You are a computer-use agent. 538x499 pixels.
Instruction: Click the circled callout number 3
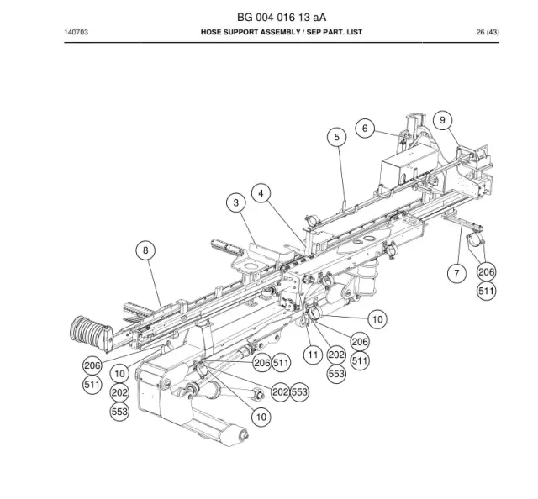[235, 202]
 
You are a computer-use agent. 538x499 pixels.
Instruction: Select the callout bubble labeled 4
[261, 193]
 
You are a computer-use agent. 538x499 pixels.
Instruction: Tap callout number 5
[336, 137]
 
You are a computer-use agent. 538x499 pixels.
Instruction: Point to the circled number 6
[365, 129]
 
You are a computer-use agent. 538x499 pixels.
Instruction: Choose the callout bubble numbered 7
[456, 273]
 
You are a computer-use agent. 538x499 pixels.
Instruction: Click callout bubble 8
[145, 250]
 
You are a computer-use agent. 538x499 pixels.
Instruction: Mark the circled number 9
[442, 120]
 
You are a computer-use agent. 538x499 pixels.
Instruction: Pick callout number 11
[313, 355]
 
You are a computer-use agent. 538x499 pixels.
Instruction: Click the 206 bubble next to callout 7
[487, 272]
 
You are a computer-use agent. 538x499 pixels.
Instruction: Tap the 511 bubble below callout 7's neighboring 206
[487, 292]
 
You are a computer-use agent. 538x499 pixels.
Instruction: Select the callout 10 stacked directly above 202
[119, 374]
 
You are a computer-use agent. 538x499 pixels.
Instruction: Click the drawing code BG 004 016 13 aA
[282, 17]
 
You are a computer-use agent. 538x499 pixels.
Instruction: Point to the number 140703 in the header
[76, 32]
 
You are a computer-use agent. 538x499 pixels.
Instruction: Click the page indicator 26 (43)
[488, 32]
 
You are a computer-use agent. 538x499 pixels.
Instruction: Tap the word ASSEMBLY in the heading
[280, 32]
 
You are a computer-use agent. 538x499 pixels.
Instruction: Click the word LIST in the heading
[354, 32]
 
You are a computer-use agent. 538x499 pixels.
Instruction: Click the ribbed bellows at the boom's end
[90, 333]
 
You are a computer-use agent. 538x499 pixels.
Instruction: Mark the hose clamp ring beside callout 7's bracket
[475, 241]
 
